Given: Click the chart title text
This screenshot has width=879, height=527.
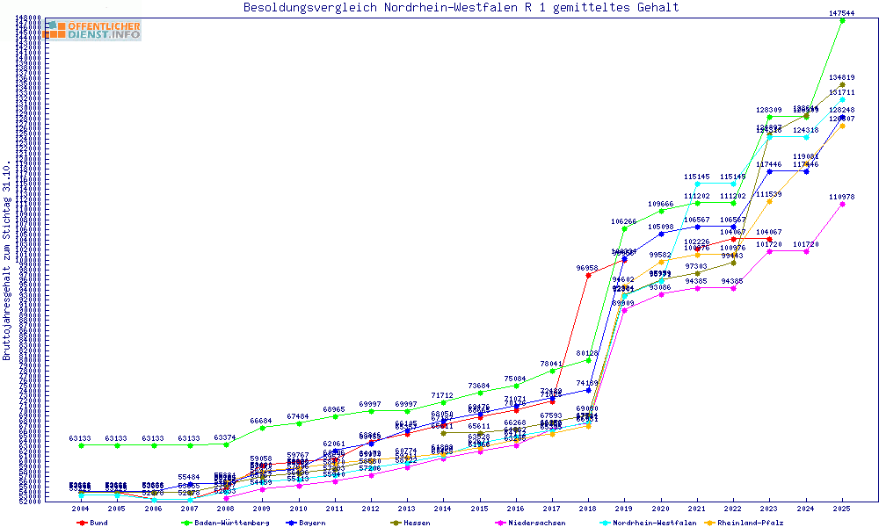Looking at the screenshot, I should pyautogui.click(x=461, y=8).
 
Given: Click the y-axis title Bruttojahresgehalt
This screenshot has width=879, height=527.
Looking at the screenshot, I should pyautogui.click(x=7, y=261).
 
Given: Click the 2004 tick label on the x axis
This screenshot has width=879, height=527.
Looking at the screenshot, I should pyautogui.click(x=81, y=509).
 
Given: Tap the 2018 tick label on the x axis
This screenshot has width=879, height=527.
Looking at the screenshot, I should pyautogui.click(x=588, y=509).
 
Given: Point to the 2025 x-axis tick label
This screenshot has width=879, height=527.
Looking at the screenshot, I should pyautogui.click(x=842, y=509).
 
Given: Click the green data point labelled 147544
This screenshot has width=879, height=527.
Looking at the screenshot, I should pyautogui.click(x=842, y=20).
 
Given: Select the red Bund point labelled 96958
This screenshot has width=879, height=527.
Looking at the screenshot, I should pyautogui.click(x=588, y=275).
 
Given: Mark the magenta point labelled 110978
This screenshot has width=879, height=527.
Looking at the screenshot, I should pyautogui.click(x=842, y=204).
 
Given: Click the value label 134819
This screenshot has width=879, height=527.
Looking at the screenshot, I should pyautogui.click(x=842, y=77).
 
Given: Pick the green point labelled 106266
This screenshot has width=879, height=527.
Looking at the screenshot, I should pyautogui.click(x=624, y=228).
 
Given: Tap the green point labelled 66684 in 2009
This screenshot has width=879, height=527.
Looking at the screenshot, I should pyautogui.click(x=262, y=427).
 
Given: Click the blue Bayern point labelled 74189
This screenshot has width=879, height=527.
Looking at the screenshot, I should pyautogui.click(x=588, y=389).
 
